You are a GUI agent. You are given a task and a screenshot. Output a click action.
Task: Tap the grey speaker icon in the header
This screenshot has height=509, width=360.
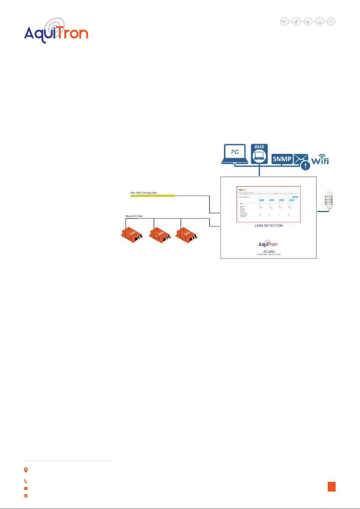(284, 21)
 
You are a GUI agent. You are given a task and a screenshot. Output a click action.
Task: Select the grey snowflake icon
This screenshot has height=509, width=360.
(331, 21)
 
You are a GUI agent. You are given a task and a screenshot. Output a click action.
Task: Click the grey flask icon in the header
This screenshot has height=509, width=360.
(320, 21)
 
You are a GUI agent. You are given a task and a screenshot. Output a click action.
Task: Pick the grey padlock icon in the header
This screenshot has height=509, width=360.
(308, 21)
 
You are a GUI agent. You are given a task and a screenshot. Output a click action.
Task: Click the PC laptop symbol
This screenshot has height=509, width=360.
(235, 154)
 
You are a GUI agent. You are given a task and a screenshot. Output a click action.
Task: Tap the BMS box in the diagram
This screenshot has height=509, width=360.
(259, 154)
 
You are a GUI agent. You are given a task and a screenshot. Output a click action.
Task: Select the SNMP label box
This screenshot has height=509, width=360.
(282, 159)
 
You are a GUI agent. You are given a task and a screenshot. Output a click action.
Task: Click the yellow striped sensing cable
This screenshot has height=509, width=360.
(153, 196)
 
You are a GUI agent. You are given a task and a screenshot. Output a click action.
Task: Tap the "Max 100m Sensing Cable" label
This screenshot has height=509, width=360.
(144, 192)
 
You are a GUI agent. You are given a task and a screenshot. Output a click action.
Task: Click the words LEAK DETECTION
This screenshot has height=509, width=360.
(268, 226)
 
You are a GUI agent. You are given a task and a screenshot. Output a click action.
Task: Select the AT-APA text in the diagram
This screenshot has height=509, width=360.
(268, 251)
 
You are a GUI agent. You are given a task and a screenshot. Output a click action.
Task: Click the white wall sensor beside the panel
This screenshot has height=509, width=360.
(329, 200)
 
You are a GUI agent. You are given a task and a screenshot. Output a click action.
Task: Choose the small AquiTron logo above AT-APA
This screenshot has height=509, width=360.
(268, 243)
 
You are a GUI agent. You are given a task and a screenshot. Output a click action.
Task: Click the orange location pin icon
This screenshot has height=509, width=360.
(26, 470)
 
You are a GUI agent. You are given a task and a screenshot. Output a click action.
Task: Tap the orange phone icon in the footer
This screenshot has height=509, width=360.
(26, 481)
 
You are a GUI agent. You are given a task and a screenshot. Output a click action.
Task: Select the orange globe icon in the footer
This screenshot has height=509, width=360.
(26, 496)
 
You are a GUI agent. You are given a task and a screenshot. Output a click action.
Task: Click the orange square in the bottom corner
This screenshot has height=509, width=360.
(332, 487)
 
